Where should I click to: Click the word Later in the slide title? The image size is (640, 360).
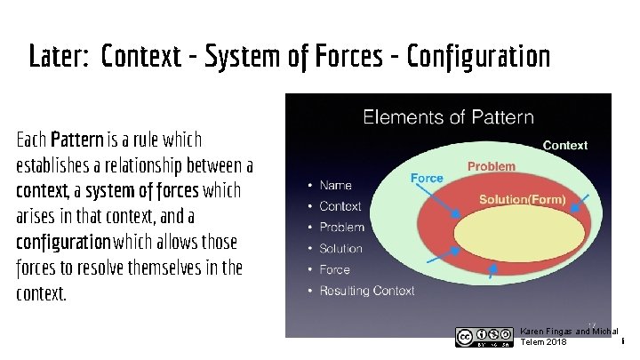pos(59,57)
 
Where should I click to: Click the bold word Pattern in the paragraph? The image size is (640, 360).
pos(77,140)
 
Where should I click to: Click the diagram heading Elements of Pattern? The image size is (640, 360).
pos(448,116)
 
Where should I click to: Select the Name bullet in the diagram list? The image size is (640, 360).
pos(335,186)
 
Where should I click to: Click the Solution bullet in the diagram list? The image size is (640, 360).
pos(340,249)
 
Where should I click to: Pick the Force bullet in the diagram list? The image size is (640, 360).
pos(335,269)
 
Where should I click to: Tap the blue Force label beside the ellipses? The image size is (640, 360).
pos(427,178)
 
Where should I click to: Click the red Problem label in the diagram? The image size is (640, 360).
pos(492,166)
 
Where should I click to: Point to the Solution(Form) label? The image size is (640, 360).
pos(522,200)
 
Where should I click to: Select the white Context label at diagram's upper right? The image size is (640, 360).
pos(564,145)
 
